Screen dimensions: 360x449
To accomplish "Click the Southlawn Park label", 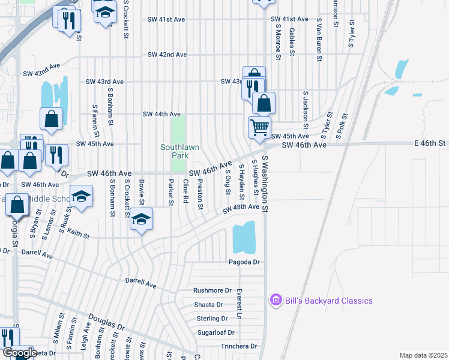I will coord(178,151).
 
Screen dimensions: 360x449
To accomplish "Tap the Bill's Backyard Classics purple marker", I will coord(276,300).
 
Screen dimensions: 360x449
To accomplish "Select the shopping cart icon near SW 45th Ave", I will coord(259,126).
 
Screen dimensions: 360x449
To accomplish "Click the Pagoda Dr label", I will coord(244,262).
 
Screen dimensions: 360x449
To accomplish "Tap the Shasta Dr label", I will coord(208,305).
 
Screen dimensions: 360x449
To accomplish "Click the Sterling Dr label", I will coord(212,319).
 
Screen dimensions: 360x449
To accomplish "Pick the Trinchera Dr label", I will coord(238,346).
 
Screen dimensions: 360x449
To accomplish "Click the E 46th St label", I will coord(430,143).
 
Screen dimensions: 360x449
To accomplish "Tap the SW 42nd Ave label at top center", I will coord(167,55).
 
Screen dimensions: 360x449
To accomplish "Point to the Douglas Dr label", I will coord(106,322).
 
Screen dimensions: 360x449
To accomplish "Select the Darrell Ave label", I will coord(140,280).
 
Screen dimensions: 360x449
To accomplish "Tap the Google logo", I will coord(19,353).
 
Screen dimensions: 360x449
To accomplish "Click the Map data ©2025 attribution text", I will coord(423,355).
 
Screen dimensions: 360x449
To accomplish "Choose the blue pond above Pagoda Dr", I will coord(244,237).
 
